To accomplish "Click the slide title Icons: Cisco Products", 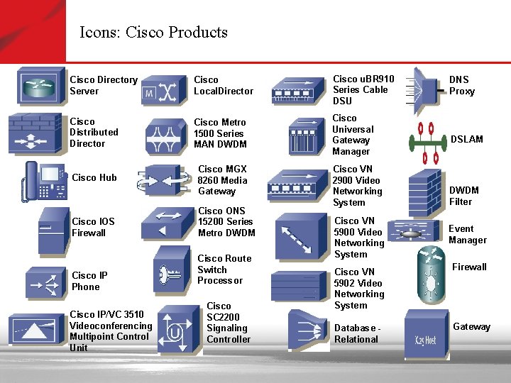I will click(153, 33).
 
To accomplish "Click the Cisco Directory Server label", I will click(103, 85).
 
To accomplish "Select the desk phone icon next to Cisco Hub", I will click(43, 181).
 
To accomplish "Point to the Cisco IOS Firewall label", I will click(93, 227).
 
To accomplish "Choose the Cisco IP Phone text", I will click(89, 281).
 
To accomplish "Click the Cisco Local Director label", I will click(223, 85).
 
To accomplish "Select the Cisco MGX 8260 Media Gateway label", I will click(222, 180).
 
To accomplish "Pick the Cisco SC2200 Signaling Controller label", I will click(228, 323).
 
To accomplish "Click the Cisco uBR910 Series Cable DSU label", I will click(363, 89).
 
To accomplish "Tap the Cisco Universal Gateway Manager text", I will click(352, 135).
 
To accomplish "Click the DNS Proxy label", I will click(461, 85).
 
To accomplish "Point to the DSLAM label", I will click(466, 139).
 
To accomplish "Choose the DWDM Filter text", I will click(464, 196).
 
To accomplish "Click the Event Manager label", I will click(467, 234).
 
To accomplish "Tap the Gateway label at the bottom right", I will click(471, 327).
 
